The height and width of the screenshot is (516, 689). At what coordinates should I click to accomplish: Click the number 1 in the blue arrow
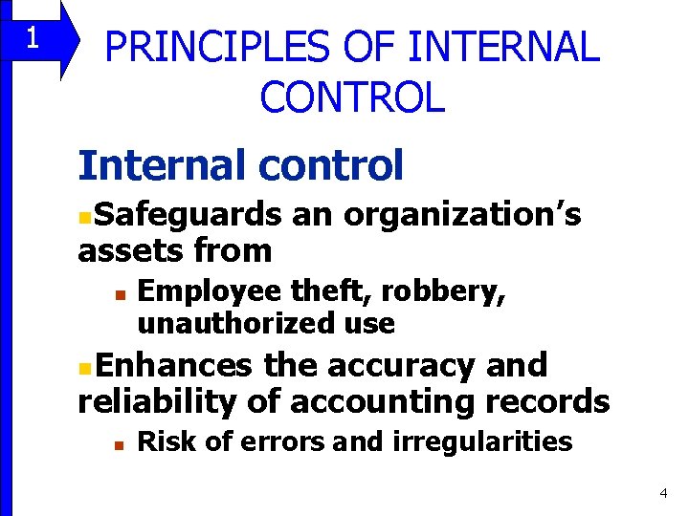32,38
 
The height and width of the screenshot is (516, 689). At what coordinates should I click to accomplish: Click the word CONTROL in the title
352,97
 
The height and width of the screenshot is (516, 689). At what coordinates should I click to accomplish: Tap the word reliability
156,401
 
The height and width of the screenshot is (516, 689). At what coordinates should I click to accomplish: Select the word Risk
159,441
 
